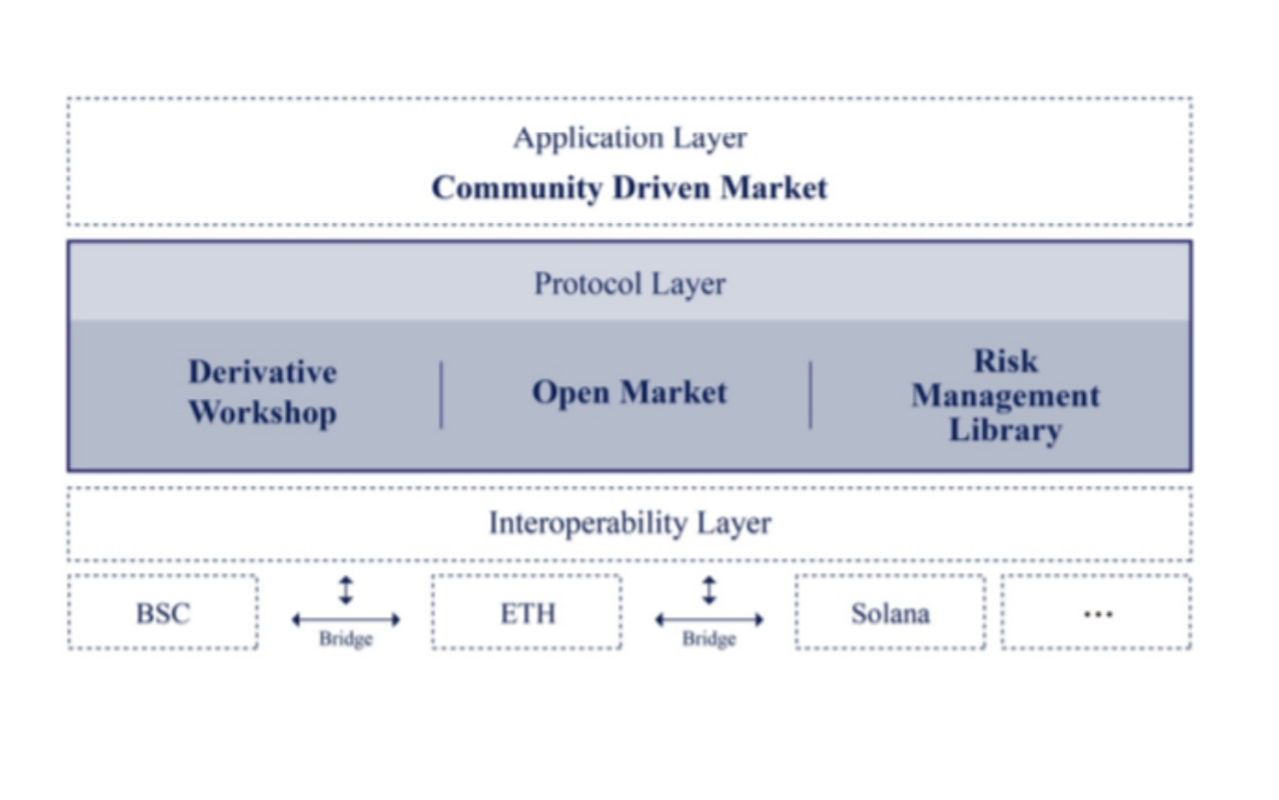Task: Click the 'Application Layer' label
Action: pyautogui.click(x=630, y=138)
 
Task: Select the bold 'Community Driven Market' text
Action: pyautogui.click(x=630, y=188)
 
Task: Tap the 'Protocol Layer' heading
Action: pyautogui.click(x=630, y=284)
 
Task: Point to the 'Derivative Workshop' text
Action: pyautogui.click(x=263, y=392)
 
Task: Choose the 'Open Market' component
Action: pyautogui.click(x=630, y=393)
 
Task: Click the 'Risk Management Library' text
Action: pyautogui.click(x=1005, y=395)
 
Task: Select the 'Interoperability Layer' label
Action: pyautogui.click(x=630, y=523)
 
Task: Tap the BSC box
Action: pyautogui.click(x=163, y=613)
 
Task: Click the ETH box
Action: pyautogui.click(x=527, y=613)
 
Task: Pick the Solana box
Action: pyautogui.click(x=890, y=613)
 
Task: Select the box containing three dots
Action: pyautogui.click(x=1096, y=613)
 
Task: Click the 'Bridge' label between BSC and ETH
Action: pyautogui.click(x=346, y=639)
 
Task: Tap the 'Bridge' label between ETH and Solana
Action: pyautogui.click(x=708, y=639)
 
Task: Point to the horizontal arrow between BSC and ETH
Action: pyautogui.click(x=346, y=619)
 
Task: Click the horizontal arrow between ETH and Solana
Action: pyautogui.click(x=709, y=619)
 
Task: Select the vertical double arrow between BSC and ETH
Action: pyautogui.click(x=346, y=590)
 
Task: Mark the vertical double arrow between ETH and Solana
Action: pyautogui.click(x=709, y=590)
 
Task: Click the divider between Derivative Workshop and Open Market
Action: pyautogui.click(x=442, y=395)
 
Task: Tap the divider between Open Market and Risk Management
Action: pyautogui.click(x=810, y=395)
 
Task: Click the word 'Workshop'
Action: pyautogui.click(x=263, y=413)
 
